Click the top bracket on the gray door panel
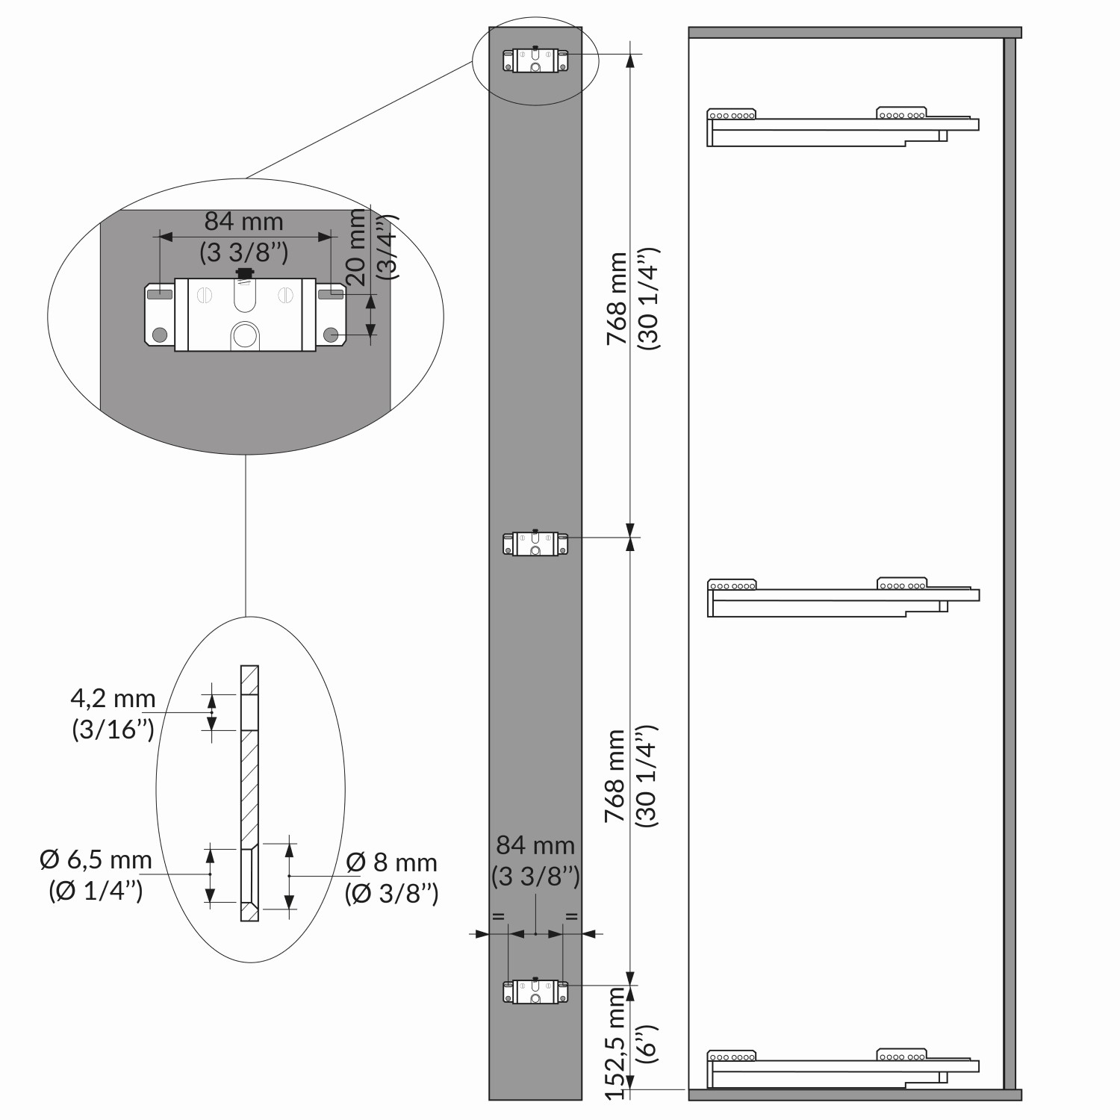point(535,60)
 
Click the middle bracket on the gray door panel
point(535,544)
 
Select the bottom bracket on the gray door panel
point(535,992)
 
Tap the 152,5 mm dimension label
point(615,1042)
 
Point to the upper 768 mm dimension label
point(617,298)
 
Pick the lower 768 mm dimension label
point(615,776)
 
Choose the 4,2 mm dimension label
point(113,699)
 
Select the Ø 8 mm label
point(392,862)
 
